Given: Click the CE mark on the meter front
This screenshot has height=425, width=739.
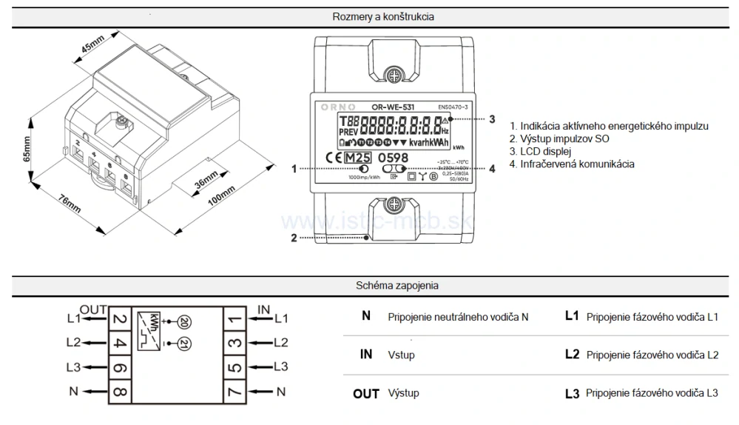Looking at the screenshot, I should point(333,158).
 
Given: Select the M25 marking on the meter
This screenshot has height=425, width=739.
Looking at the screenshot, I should point(358,158).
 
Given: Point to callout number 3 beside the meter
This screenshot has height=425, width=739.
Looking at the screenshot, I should point(493,118).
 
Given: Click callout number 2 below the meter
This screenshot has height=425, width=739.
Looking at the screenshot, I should point(294,238).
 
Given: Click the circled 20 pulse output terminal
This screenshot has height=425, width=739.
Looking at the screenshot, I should point(184,321).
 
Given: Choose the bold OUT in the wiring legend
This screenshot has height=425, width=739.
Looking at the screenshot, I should point(366,394).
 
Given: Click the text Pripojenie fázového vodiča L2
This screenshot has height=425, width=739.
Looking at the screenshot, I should point(652,355).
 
